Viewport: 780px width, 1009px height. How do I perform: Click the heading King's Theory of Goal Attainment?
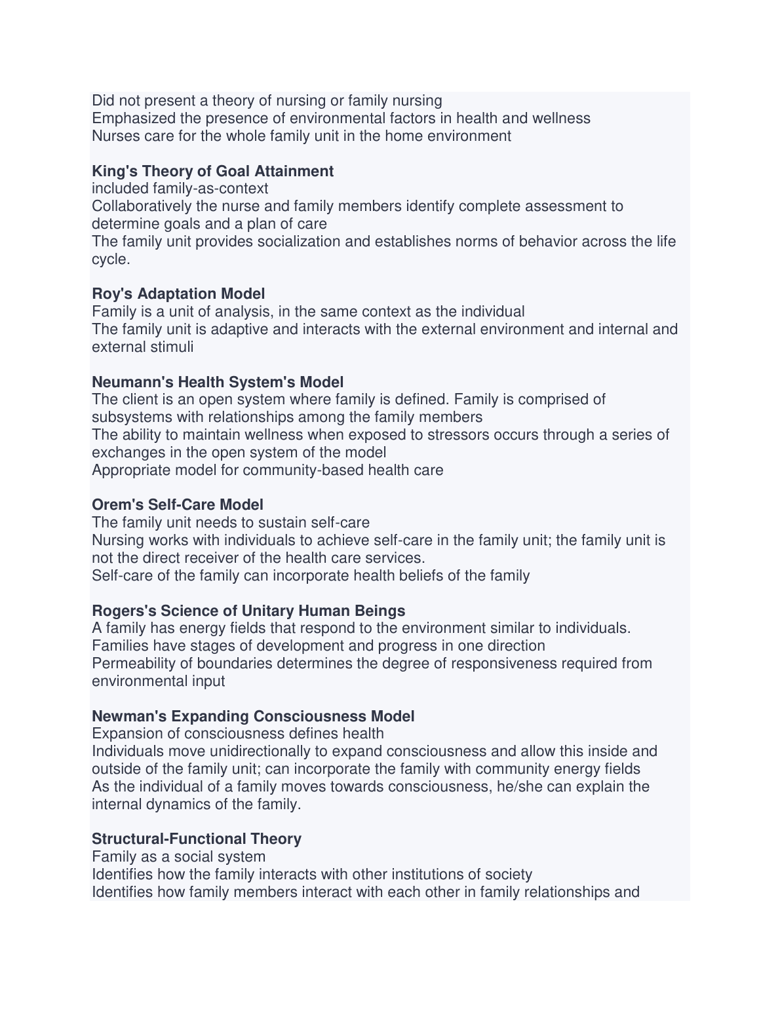[x=212, y=171]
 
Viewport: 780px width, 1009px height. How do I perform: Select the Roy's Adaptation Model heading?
[x=178, y=294]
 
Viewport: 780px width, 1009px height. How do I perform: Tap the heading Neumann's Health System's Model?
[x=218, y=382]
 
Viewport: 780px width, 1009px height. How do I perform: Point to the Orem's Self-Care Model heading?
[x=178, y=504]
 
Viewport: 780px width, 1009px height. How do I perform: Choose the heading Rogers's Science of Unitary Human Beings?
[x=248, y=611]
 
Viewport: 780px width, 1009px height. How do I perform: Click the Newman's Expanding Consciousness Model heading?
[x=253, y=716]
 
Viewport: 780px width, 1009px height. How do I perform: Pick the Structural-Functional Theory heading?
[x=197, y=839]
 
